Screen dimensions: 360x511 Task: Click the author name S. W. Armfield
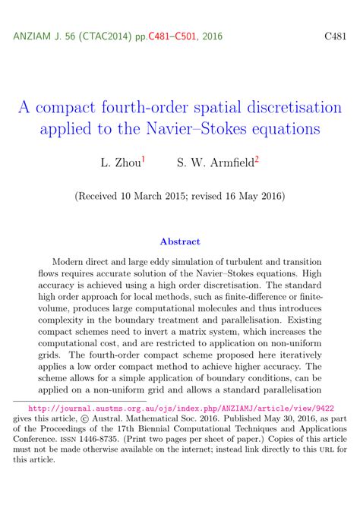coord(215,162)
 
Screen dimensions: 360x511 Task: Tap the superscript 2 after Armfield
coord(257,159)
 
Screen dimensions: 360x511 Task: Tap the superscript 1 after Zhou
coord(144,159)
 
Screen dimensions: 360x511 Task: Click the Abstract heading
coord(180,242)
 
